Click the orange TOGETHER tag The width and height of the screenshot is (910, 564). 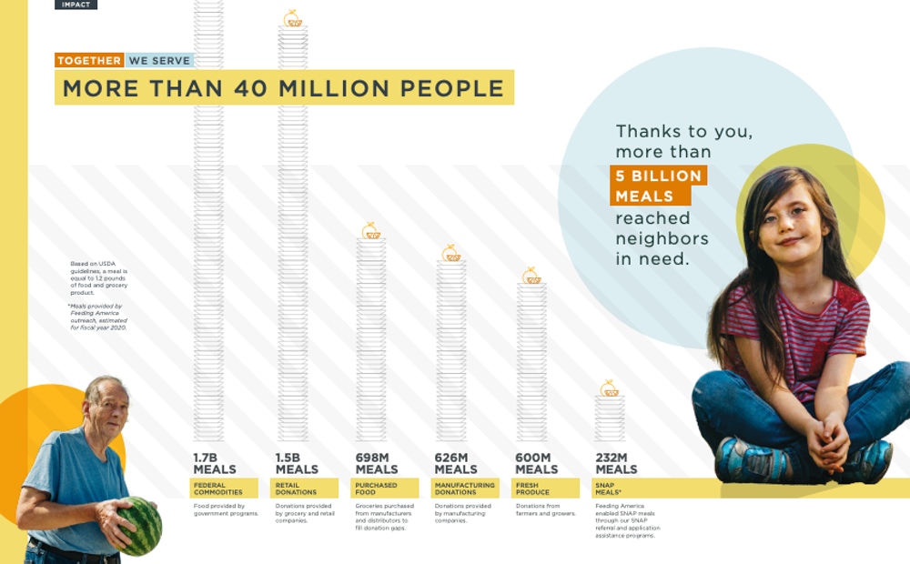point(89,61)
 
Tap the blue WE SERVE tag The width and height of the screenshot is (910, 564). point(160,61)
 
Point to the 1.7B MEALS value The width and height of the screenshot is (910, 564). point(214,464)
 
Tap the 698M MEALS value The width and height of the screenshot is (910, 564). point(376,464)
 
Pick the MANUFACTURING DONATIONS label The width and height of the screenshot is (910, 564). point(465,488)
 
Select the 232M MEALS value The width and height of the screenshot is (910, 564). point(615,464)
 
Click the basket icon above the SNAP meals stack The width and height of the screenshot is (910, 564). point(610,389)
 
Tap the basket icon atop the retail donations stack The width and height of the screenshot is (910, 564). point(292,19)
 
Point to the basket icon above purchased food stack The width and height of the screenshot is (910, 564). point(371,231)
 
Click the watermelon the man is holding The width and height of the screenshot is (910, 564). point(141,526)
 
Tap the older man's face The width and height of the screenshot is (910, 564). point(107,408)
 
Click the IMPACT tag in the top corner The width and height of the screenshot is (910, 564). point(76,5)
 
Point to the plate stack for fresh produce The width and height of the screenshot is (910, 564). point(531,364)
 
